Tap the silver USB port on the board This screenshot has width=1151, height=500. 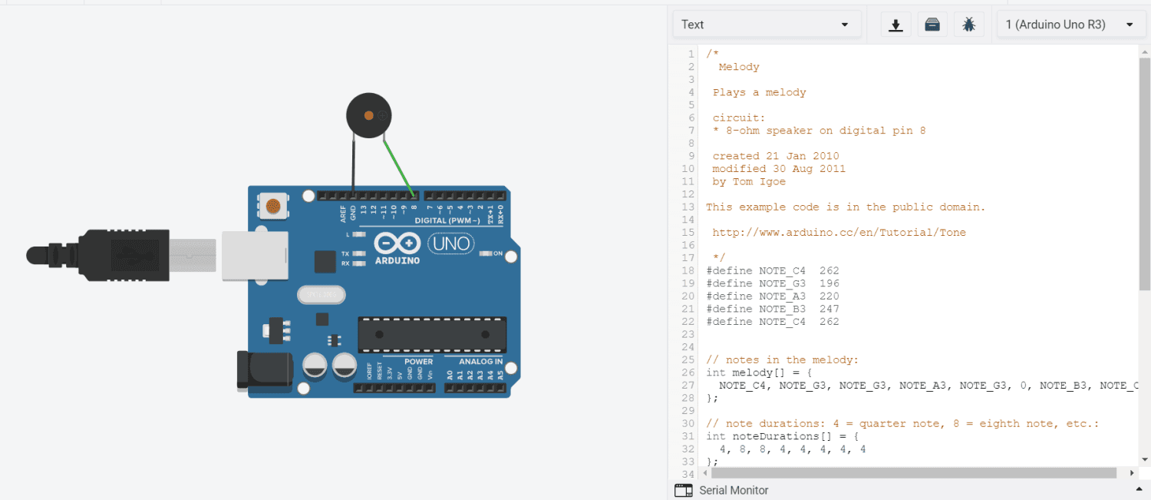pos(254,255)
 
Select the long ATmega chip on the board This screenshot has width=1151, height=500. pos(432,335)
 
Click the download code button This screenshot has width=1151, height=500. pos(895,25)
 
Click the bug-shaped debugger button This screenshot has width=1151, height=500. pos(969,25)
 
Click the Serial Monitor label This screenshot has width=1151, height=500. pos(734,490)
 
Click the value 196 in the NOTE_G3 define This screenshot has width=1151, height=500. pos(829,283)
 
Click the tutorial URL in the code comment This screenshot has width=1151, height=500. pos(839,232)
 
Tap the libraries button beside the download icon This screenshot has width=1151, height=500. pos(932,25)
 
